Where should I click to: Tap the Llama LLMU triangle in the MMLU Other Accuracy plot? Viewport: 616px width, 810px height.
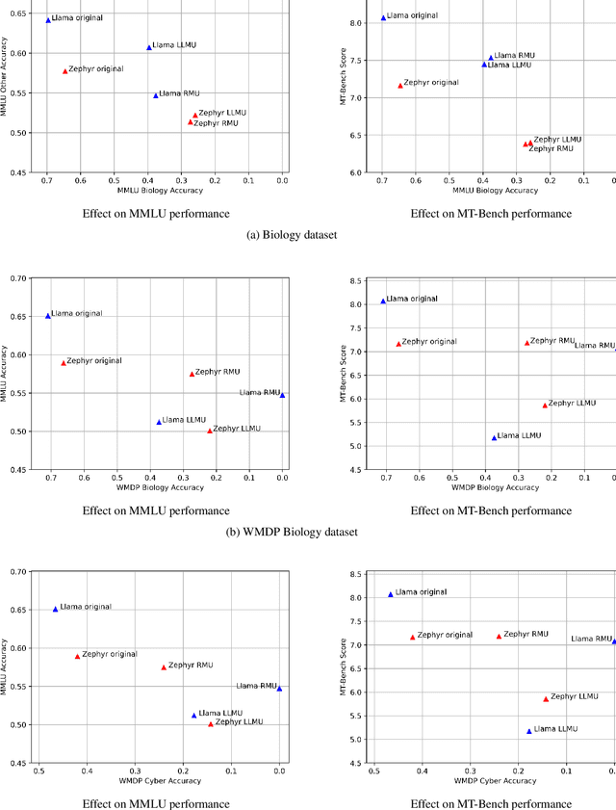pos(149,47)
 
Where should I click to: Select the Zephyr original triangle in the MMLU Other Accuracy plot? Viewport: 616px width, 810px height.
pos(65,71)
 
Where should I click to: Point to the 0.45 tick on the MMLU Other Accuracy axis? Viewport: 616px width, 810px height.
pos(20,172)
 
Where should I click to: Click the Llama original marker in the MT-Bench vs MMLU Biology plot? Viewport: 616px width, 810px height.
pos(383,17)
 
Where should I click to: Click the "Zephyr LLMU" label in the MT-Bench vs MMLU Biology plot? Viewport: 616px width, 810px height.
pos(558,139)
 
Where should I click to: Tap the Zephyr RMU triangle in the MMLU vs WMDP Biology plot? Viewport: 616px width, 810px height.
pos(192,374)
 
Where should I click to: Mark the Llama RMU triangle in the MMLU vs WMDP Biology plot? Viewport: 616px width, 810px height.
pos(282,395)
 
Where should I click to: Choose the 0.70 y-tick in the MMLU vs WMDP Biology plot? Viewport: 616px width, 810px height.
pos(20,279)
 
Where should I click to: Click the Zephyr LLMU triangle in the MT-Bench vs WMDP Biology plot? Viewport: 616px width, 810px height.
pos(545,405)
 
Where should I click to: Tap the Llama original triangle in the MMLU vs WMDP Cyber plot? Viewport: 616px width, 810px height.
pos(55,609)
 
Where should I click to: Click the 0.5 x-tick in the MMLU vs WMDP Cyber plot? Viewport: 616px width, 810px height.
pos(38,770)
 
